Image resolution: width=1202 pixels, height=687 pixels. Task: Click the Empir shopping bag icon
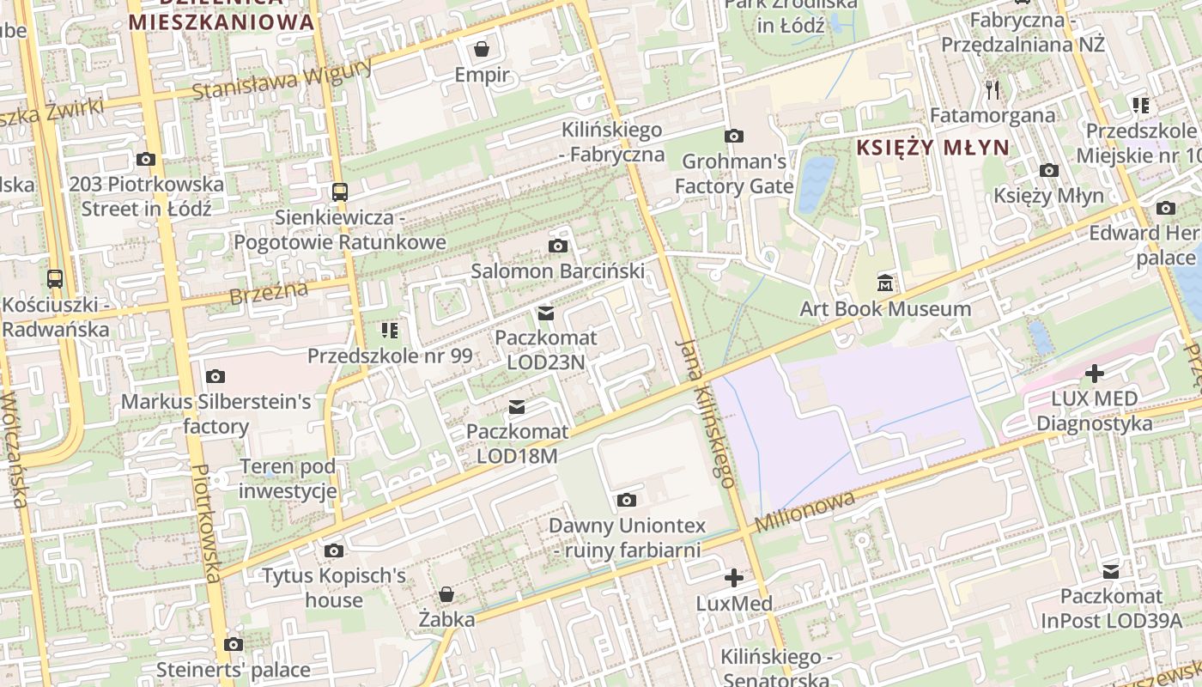coord(482,48)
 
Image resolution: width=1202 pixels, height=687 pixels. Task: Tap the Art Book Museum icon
coord(885,282)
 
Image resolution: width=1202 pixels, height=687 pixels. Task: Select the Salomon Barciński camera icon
coord(557,246)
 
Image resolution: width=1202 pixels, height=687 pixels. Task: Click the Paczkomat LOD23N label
coord(546,350)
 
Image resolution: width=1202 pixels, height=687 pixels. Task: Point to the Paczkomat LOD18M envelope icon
coord(517,406)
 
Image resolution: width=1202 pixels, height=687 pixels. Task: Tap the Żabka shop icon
coord(446,593)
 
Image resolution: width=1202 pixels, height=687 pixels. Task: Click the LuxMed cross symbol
coord(733,578)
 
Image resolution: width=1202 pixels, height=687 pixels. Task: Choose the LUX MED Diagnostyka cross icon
coord(1094,374)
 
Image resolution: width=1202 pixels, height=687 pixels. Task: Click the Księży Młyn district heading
coord(932,148)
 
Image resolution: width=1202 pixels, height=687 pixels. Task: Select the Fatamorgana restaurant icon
coord(993,89)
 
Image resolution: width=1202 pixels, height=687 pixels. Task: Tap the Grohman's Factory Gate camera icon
coord(733,136)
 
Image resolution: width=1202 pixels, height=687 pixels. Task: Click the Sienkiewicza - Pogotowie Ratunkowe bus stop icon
coord(340,192)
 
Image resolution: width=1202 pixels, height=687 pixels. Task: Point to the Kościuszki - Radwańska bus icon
coord(55,278)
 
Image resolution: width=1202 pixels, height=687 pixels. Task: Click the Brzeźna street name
coord(269,294)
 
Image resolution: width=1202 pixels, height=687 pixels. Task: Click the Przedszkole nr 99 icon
coord(389,330)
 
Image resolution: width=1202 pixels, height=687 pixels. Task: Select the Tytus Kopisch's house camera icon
coord(334,550)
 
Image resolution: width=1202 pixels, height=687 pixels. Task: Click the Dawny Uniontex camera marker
coord(627,500)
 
